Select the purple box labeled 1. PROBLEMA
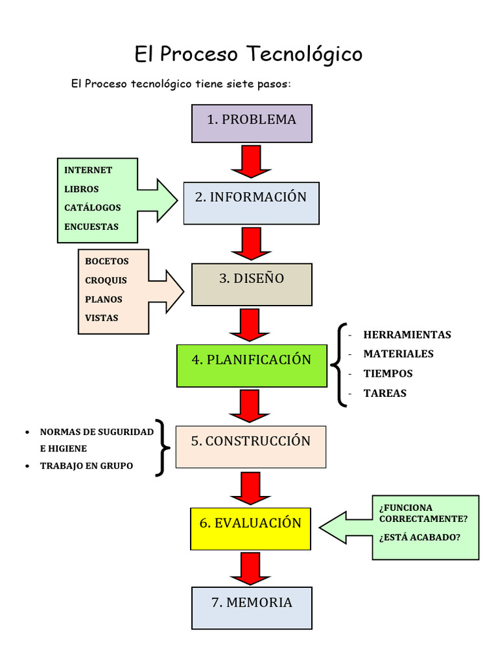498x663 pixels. [252, 123]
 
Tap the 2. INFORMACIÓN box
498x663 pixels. [251, 203]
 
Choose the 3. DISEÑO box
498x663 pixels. [252, 284]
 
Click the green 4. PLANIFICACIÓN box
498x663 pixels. [252, 366]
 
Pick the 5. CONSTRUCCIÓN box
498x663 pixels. [250, 447]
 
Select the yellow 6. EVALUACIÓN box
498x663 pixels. [250, 528]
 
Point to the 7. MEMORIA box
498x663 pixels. [252, 607]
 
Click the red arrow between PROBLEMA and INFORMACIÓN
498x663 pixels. [251, 161]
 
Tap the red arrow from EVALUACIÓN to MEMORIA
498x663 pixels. [250, 568]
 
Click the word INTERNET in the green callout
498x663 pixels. [88, 170]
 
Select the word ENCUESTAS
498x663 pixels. [91, 227]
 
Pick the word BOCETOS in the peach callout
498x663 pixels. [107, 262]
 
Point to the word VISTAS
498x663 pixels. [102, 318]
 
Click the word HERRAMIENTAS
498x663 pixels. [407, 335]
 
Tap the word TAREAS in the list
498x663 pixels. [385, 393]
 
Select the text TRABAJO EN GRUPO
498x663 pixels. [86, 466]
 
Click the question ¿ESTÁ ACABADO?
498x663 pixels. [420, 537]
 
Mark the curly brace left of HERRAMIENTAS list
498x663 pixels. [339, 365]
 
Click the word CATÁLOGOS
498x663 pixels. [93, 208]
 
